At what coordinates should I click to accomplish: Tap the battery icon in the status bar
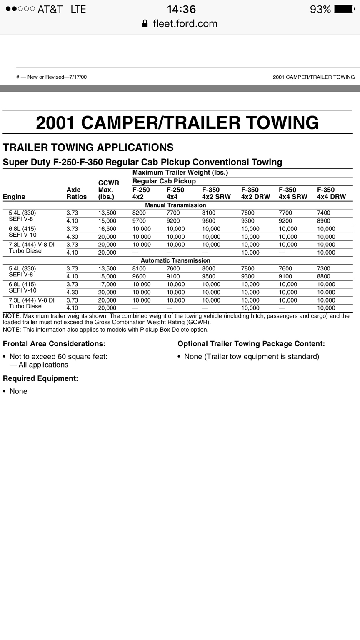[343, 9]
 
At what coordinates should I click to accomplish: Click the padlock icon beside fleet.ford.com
[145, 23]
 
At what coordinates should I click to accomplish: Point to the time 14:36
[181, 9]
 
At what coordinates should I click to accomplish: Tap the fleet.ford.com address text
[185, 23]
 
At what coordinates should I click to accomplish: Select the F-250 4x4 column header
[175, 193]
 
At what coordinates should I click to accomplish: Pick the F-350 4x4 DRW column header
[331, 193]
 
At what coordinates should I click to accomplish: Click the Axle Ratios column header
[77, 193]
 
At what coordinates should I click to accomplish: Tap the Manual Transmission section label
[175, 205]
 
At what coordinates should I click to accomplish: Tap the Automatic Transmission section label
[175, 260]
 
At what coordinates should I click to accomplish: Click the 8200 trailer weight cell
[139, 213]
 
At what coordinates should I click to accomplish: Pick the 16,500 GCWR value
[107, 229]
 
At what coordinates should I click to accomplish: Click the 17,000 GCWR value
[107, 284]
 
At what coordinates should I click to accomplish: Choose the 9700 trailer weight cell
[139, 221]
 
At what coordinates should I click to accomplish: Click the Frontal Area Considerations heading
[54, 344]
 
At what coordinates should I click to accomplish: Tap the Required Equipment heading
[40, 378]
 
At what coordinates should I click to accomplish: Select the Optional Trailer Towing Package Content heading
[251, 344]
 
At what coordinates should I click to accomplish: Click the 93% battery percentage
[320, 9]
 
